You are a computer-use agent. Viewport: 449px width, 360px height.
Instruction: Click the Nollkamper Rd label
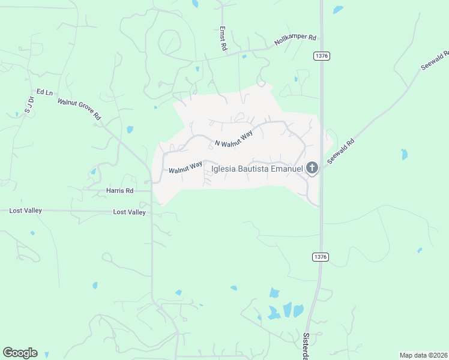pyautogui.click(x=295, y=40)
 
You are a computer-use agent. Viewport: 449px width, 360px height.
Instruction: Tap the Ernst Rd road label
pyautogui.click(x=223, y=38)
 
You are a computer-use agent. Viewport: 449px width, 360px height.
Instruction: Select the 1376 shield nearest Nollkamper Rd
pyautogui.click(x=321, y=56)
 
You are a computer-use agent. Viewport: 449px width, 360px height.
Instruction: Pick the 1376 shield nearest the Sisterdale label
pyautogui.click(x=321, y=257)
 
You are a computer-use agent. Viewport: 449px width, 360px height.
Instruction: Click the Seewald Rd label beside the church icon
pyautogui.click(x=341, y=151)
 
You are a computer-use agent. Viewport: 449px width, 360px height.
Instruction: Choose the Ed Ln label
pyautogui.click(x=45, y=92)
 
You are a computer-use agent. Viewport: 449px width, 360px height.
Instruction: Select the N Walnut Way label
pyautogui.click(x=234, y=139)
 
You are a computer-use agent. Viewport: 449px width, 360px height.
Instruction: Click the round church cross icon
pyautogui.click(x=312, y=168)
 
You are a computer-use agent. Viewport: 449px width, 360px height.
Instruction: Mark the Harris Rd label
pyautogui.click(x=119, y=191)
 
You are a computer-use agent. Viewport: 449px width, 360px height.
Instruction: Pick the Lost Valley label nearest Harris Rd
pyautogui.click(x=130, y=212)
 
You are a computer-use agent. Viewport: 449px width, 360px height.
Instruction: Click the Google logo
pyautogui.click(x=20, y=353)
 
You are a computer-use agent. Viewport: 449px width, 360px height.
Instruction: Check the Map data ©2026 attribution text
pyautogui.click(x=423, y=355)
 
